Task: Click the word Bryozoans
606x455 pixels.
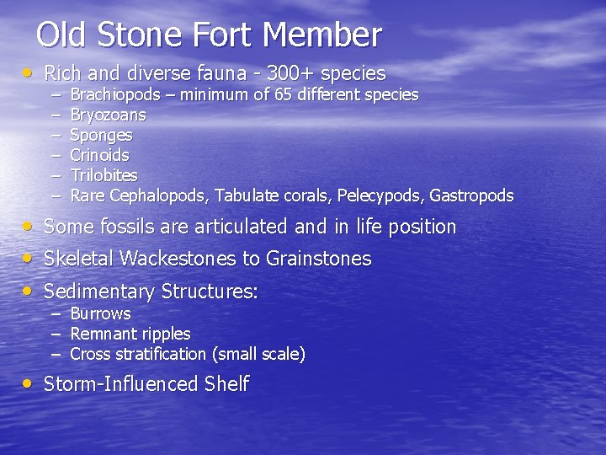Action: pos(108,115)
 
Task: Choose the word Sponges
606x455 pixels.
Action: pos(101,135)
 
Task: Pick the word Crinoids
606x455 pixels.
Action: pos(99,155)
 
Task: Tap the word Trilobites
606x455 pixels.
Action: pos(104,175)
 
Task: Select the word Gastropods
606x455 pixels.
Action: pos(470,195)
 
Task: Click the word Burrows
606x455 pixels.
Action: pos(100,313)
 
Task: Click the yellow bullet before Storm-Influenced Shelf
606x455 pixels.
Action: pos(29,383)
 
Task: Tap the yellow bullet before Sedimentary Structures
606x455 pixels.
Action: pos(29,291)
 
